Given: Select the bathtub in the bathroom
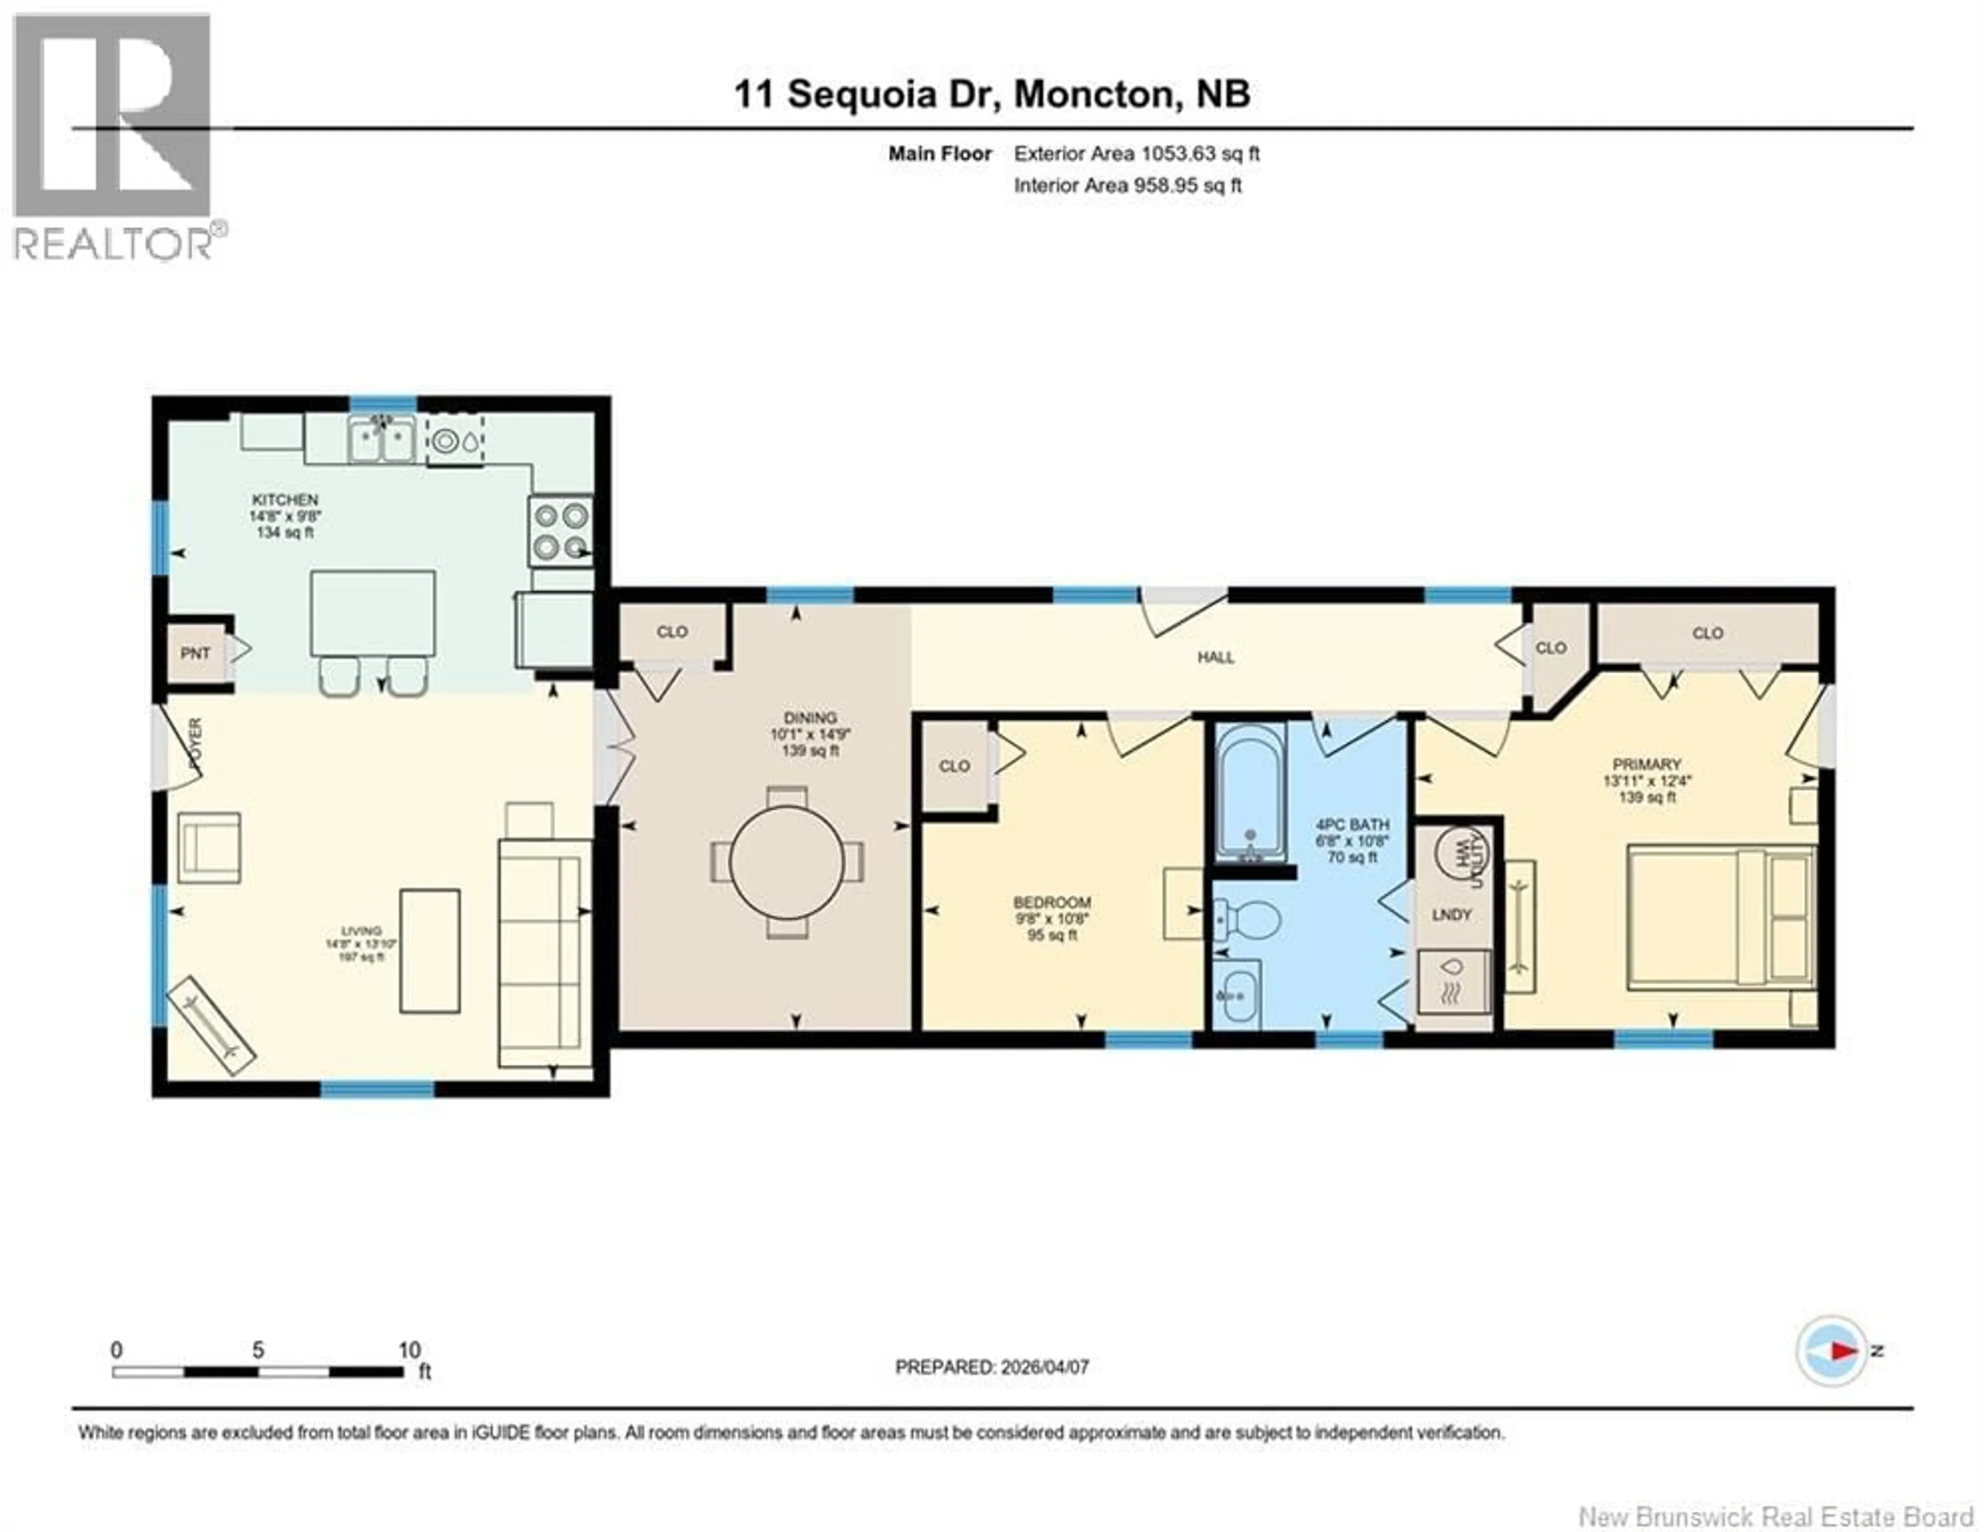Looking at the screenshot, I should coord(1251,790).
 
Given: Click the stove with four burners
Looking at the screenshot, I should coord(561,531).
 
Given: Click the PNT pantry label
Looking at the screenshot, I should coord(195,653).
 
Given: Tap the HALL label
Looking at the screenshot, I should coord(1216,657).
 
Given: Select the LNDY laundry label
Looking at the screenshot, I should coord(1451,914).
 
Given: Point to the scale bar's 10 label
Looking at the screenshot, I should coord(410,1350).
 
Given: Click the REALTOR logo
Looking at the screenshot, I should coord(114,136).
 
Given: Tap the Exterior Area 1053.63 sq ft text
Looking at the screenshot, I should coord(1136,154).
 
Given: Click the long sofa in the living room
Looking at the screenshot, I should coord(543,952).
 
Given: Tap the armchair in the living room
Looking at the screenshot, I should coord(209,847).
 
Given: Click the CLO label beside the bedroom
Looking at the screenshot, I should coord(954,766).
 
